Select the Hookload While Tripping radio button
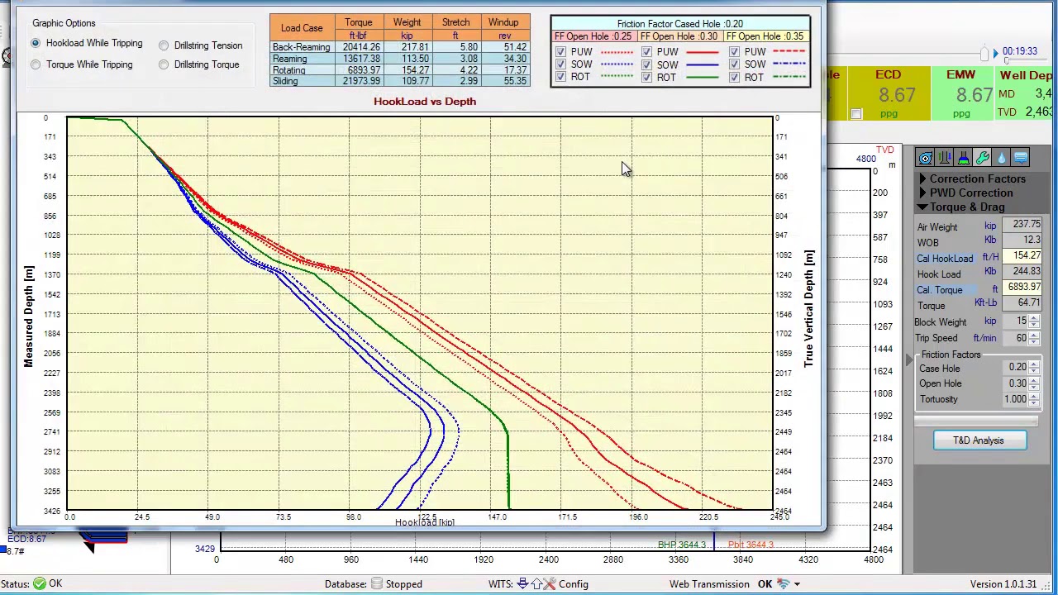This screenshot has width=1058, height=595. (36, 43)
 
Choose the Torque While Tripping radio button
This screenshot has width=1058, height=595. (36, 64)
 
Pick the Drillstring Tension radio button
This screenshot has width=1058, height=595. (164, 45)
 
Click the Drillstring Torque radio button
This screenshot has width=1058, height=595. (164, 64)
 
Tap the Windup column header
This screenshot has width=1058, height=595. (503, 22)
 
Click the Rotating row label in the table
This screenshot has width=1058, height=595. (289, 70)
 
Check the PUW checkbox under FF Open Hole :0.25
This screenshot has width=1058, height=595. (561, 52)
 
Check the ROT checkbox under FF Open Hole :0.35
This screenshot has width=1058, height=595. (735, 77)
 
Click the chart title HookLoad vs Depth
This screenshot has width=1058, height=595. (424, 101)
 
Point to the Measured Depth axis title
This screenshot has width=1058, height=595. (29, 317)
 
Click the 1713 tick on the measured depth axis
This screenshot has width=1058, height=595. (51, 314)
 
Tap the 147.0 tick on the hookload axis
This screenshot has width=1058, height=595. (497, 517)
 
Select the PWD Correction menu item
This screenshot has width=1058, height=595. (970, 193)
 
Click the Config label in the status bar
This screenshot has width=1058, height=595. (573, 584)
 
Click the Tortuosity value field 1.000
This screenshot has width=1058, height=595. (1014, 399)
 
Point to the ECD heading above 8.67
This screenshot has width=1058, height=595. (888, 75)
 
